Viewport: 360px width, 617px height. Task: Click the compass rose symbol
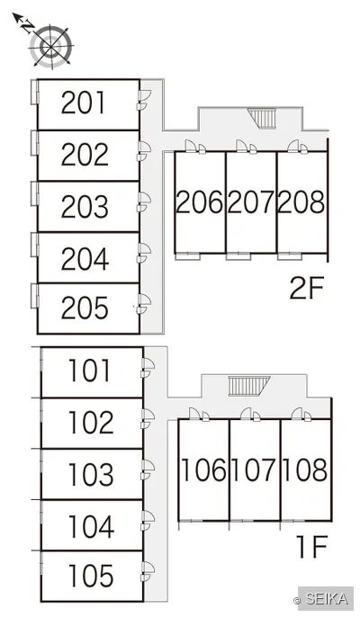(x=51, y=47)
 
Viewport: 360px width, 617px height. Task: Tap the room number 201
(x=84, y=103)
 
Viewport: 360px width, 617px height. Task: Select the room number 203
(x=85, y=206)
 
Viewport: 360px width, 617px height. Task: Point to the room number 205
(x=85, y=308)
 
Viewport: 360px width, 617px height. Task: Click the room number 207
(x=251, y=201)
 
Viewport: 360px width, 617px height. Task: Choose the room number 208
(x=302, y=201)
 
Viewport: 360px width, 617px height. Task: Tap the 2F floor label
(x=306, y=288)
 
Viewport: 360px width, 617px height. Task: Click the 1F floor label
(x=312, y=547)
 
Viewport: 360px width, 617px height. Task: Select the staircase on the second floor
(x=263, y=119)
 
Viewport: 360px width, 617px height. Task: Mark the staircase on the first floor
(x=249, y=386)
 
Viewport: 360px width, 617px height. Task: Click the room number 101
(x=89, y=371)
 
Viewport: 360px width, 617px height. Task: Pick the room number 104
(x=92, y=526)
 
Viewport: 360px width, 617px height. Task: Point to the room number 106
(x=203, y=469)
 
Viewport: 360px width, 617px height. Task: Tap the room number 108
(x=305, y=469)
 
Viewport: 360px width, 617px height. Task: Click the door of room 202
(x=144, y=151)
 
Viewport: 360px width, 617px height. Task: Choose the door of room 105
(x=148, y=571)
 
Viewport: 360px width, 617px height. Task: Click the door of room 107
(x=250, y=415)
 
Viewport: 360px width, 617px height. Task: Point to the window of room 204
(x=35, y=245)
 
